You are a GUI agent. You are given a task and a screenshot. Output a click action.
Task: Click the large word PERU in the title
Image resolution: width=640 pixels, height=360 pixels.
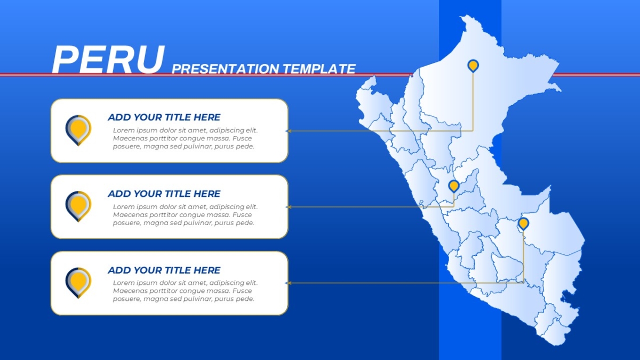108,59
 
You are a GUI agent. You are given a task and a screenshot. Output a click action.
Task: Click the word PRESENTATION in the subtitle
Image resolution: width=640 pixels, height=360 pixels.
226,69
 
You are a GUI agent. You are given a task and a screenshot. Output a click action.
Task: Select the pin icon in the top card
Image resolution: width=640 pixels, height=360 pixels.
78,130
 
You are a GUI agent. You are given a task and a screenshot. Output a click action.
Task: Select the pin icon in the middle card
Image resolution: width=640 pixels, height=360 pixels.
78,206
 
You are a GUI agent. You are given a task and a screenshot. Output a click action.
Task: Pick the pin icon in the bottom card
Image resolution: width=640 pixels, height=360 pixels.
78,283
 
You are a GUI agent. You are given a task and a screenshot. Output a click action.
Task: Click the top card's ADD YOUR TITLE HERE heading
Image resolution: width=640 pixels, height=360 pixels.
164,117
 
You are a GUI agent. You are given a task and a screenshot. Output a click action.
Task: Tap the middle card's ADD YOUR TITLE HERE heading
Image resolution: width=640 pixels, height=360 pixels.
164,194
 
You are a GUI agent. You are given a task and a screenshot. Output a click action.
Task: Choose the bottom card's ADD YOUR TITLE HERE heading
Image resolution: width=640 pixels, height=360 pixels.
164,270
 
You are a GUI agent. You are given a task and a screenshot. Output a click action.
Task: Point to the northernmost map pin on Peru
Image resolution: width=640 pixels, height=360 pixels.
473,66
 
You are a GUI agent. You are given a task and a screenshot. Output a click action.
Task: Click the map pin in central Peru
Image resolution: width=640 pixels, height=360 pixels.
454,186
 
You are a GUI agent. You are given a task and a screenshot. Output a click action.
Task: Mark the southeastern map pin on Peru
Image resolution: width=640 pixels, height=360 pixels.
523,223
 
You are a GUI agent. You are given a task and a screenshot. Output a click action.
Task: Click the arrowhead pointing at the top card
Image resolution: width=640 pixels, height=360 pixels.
288,131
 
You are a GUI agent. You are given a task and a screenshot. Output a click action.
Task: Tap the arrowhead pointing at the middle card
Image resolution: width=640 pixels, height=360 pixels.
288,207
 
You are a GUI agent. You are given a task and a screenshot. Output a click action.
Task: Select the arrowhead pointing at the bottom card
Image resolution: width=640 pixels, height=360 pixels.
288,283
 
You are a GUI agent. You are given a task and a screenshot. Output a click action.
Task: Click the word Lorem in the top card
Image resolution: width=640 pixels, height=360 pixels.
123,130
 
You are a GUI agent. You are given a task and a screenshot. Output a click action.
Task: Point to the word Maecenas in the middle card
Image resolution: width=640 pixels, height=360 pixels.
129,215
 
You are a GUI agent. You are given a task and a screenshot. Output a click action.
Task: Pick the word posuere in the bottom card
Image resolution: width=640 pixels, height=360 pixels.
127,299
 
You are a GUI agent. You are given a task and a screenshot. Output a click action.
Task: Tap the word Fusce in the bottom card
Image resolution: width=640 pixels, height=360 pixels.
242,291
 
